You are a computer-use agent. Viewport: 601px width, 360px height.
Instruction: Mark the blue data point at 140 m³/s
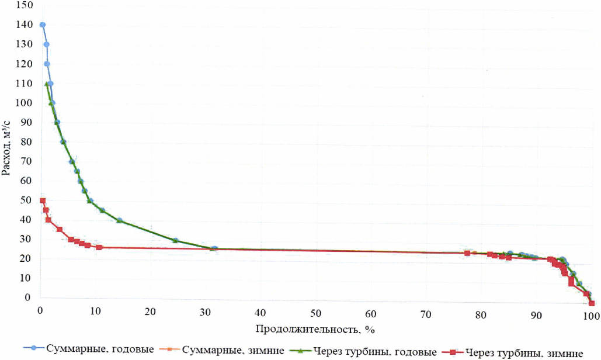click(42, 25)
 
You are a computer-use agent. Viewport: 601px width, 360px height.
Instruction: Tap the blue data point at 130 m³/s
click(46, 44)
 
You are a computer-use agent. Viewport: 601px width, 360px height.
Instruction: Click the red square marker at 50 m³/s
click(42, 200)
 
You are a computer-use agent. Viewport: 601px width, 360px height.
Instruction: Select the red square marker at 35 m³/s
click(60, 230)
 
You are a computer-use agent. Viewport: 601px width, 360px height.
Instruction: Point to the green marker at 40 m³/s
click(119, 220)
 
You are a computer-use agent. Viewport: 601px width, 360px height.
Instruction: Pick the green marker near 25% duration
click(175, 240)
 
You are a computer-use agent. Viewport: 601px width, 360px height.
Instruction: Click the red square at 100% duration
click(591, 303)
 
